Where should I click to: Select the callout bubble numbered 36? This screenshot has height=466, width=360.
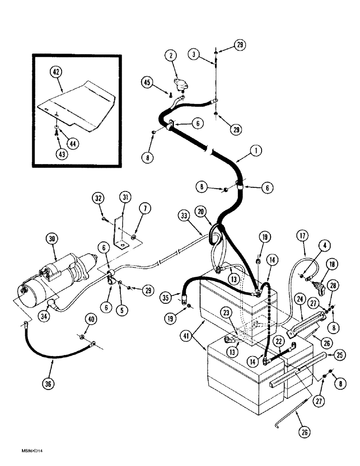coord(48,384)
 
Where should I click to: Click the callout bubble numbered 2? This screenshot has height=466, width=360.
coord(172,56)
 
